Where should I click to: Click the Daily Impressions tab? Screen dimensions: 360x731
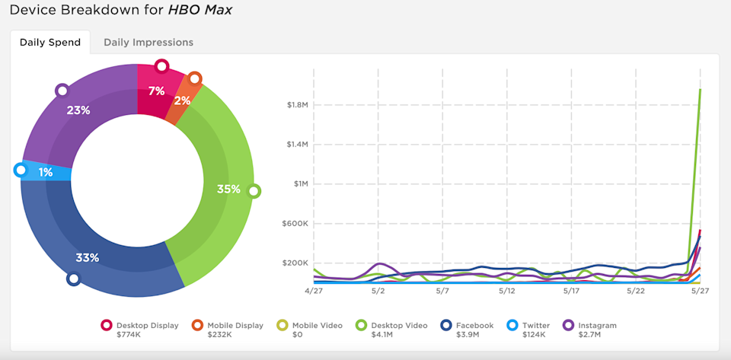pyautogui.click(x=148, y=43)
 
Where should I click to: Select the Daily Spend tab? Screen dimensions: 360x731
pyautogui.click(x=50, y=43)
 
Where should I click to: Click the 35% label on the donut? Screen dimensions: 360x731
pyautogui.click(x=228, y=189)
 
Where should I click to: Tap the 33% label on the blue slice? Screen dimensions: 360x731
pyautogui.click(x=88, y=257)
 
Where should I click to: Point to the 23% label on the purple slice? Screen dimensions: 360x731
pyautogui.click(x=78, y=110)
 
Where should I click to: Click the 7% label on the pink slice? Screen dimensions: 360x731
pyautogui.click(x=157, y=91)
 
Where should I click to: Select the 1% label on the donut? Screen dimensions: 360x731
pyautogui.click(x=46, y=173)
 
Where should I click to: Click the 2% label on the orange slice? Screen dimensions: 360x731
pyautogui.click(x=182, y=100)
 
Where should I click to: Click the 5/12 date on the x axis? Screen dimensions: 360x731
pyautogui.click(x=507, y=291)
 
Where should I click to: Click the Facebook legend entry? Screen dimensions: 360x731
pyautogui.click(x=475, y=326)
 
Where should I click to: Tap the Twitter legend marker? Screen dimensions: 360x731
pyautogui.click(x=512, y=326)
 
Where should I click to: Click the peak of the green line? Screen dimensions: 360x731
pyautogui.click(x=700, y=89)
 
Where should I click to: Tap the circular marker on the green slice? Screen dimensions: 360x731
pyautogui.click(x=254, y=191)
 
